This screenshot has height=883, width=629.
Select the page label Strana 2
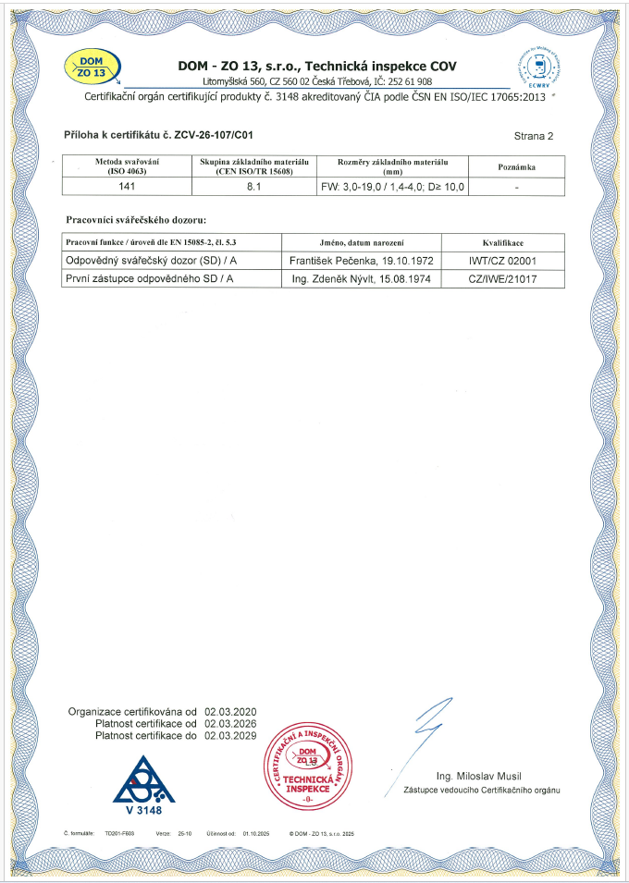[533, 136]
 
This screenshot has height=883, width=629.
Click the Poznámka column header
[517, 166]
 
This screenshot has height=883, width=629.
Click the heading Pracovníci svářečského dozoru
[137, 220]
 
